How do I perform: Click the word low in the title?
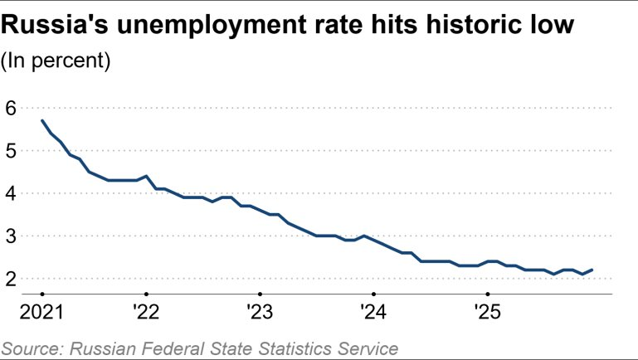click(x=550, y=27)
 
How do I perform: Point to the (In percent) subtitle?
click(x=56, y=61)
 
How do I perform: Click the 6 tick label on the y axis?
click(x=11, y=108)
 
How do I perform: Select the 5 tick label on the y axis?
click(x=11, y=151)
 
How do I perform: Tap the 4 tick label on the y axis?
click(x=11, y=193)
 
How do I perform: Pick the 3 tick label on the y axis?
click(x=11, y=236)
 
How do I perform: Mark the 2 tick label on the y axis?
click(x=11, y=280)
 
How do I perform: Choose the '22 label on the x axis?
click(x=146, y=313)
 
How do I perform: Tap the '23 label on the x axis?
click(x=260, y=313)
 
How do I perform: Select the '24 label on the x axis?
click(x=373, y=313)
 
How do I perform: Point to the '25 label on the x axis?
click(x=487, y=313)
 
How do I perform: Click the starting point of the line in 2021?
click(x=42, y=121)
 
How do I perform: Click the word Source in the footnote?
click(x=31, y=348)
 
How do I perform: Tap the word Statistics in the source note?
click(x=290, y=348)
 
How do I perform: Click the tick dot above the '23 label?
click(x=260, y=294)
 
